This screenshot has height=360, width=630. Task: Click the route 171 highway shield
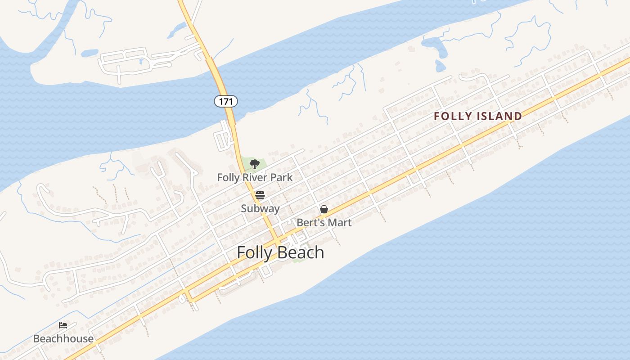(x=225, y=101)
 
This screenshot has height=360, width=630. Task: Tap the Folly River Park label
(x=255, y=177)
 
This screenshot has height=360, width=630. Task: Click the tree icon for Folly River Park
(x=255, y=164)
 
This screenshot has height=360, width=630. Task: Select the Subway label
(x=260, y=208)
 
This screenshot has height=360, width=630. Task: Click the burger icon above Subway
(x=260, y=195)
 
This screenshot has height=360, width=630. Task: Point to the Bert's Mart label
(x=324, y=222)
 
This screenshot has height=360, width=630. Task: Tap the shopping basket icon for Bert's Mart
(x=324, y=209)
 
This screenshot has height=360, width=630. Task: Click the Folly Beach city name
(x=280, y=252)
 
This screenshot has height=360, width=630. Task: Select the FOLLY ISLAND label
(x=478, y=116)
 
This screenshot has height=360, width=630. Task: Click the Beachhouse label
(x=63, y=338)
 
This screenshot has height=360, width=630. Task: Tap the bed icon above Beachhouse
(x=63, y=325)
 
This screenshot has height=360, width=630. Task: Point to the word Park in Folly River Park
(x=282, y=177)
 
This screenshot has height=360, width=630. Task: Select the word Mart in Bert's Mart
(x=339, y=222)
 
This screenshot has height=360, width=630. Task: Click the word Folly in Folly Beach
(x=254, y=252)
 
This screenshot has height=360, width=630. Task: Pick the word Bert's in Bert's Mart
(x=310, y=222)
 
